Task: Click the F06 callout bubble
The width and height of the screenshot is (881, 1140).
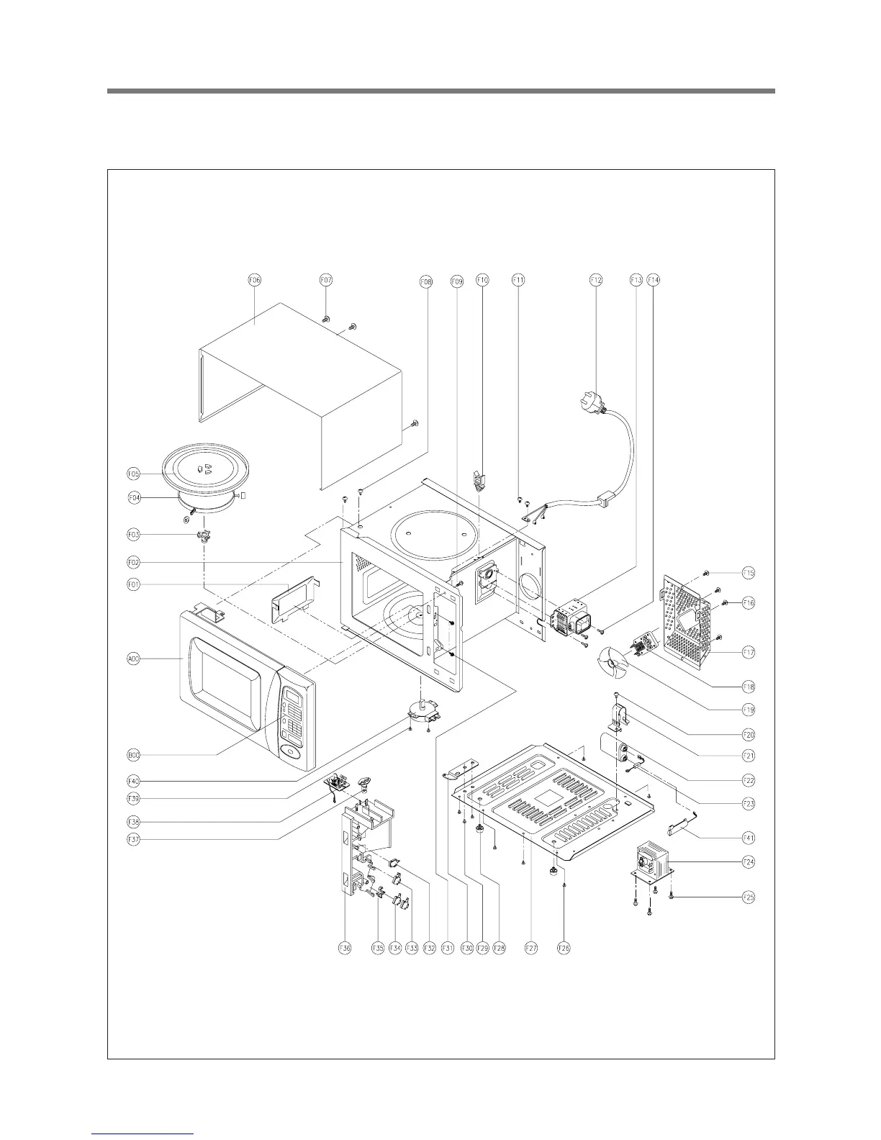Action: pyautogui.click(x=255, y=279)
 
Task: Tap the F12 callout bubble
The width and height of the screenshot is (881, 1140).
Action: pyautogui.click(x=596, y=279)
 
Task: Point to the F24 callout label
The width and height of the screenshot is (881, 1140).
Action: pyautogui.click(x=749, y=861)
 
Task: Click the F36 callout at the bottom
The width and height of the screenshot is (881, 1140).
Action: pyautogui.click(x=345, y=949)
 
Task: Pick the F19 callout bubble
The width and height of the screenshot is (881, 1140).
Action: pyautogui.click(x=749, y=710)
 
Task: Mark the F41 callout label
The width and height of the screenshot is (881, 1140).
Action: pyautogui.click(x=749, y=838)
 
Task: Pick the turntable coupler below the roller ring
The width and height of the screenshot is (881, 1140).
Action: pyautogui.click(x=202, y=535)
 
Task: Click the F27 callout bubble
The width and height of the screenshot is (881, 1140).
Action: pyautogui.click(x=530, y=949)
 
